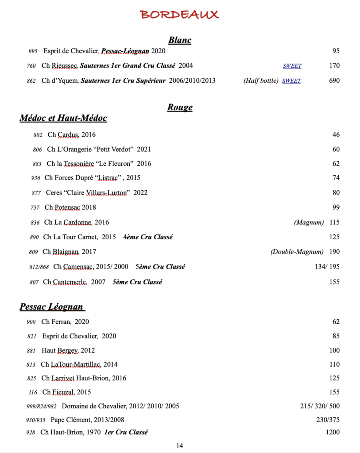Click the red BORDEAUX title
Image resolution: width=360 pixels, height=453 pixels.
coord(180,15)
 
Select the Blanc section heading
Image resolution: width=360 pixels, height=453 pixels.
coord(180,40)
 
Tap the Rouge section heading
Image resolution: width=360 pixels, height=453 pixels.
coord(180,107)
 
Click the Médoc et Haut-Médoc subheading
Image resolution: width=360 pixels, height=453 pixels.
coord(63,118)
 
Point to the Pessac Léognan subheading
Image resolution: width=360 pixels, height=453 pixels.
coord(52,307)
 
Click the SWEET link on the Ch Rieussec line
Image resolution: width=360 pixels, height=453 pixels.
coord(292,66)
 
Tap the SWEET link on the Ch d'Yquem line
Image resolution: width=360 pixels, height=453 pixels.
coord(291,81)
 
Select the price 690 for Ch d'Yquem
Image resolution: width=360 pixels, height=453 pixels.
coord(334,81)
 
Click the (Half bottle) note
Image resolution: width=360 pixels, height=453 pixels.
coord(261,81)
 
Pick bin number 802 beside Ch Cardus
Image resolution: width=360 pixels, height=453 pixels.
coord(38,135)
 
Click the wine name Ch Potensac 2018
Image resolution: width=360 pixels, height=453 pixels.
coord(70,207)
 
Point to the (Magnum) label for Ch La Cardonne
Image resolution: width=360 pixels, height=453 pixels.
coord(309,222)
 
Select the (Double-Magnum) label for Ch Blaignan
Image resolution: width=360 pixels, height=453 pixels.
coord(297,252)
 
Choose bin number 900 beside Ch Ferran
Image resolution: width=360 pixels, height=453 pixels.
coord(31,322)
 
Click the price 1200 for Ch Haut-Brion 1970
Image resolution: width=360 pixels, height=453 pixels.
coord(333,432)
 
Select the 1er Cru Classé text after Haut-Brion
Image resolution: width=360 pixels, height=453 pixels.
coord(126,432)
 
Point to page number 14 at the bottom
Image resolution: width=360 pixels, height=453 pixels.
coord(179,446)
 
